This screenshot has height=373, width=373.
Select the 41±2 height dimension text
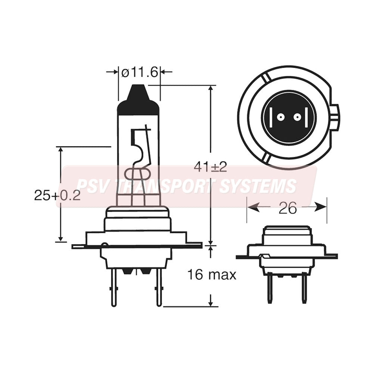pyautogui.click(x=210, y=167)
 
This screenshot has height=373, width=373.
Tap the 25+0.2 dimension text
pyautogui.click(x=57, y=195)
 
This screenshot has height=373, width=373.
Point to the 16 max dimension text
pyautogui.click(x=212, y=275)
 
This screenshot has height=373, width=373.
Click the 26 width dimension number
pyautogui.click(x=287, y=208)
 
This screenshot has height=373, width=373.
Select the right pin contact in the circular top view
pyautogui.click(x=297, y=117)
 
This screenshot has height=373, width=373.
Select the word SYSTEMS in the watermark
pyautogui.click(x=257, y=186)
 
